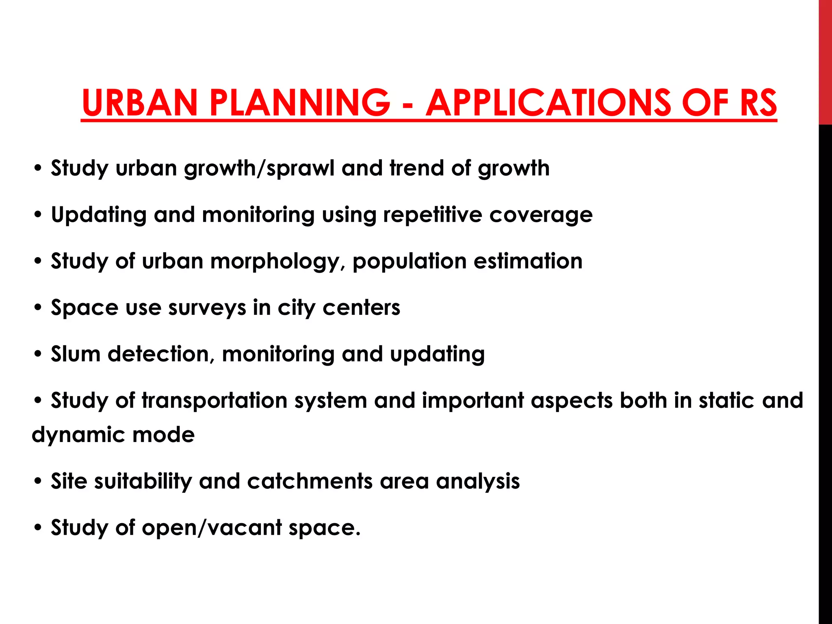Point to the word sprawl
[x=300, y=168]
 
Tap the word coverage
[x=541, y=215]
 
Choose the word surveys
[x=207, y=308]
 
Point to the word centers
[x=361, y=308]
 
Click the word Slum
[x=76, y=353]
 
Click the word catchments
[x=310, y=481]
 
